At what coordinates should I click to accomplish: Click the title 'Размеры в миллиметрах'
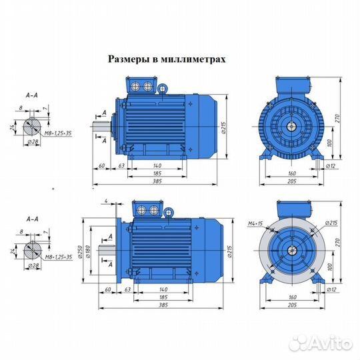(x=167, y=59)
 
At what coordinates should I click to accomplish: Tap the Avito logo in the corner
(x=324, y=342)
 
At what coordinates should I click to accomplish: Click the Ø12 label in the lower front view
(x=331, y=290)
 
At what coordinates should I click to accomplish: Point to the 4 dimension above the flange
(x=106, y=200)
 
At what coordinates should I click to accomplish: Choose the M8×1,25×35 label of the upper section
(x=55, y=133)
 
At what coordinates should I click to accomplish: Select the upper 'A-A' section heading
(x=30, y=95)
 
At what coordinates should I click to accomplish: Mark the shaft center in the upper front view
(x=292, y=125)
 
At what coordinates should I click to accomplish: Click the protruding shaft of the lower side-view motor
(x=107, y=251)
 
